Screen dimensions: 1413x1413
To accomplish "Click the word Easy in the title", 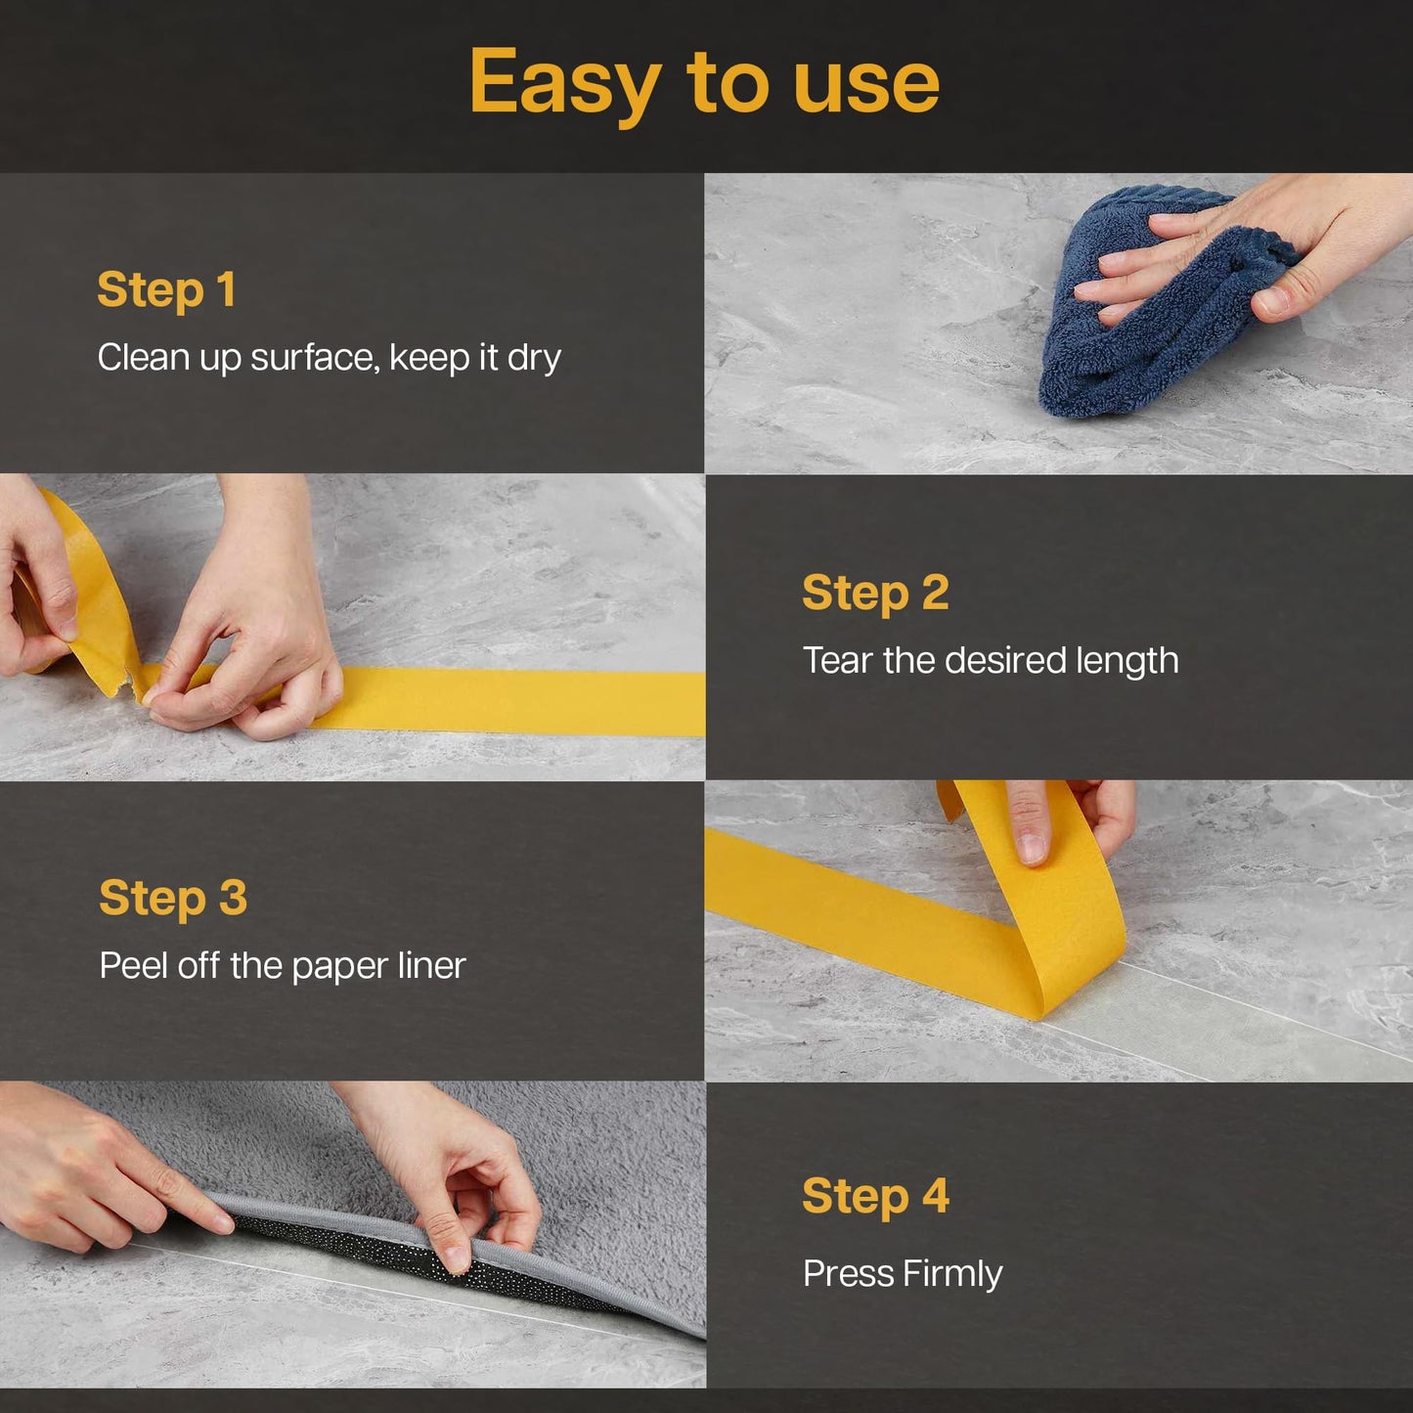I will (x=564, y=84).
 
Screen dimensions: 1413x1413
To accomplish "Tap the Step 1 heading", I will (x=166, y=289).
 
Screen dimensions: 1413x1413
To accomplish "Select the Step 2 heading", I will (x=875, y=593).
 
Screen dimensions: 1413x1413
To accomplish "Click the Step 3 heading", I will (x=173, y=898).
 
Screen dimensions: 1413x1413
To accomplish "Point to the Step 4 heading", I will (x=875, y=1196).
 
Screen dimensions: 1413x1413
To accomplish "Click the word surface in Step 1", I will (x=314, y=358).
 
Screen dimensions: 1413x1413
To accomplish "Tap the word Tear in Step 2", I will (x=837, y=660).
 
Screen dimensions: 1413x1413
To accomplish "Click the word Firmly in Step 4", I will (x=952, y=1274).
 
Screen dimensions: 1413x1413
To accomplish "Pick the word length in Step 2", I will (x=1126, y=662).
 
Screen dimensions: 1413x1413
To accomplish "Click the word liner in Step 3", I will (x=431, y=966).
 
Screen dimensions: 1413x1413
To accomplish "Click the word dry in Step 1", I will (x=534, y=358).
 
